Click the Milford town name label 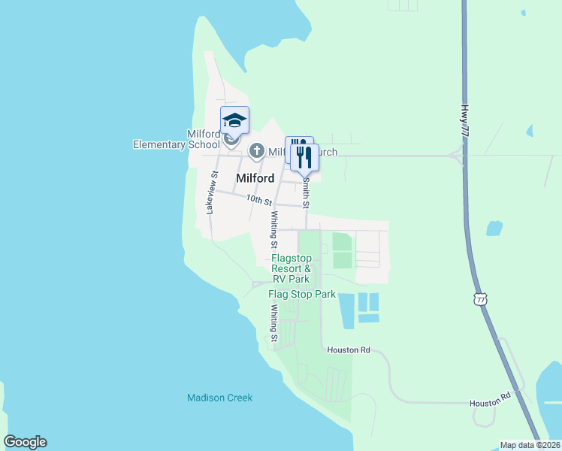coord(254,179)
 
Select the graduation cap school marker coord(234,120)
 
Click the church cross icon coord(256,151)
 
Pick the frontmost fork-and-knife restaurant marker coord(304,158)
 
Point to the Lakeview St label coord(212,192)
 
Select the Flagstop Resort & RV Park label coord(292,268)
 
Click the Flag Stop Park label coord(302,294)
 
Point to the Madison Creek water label coord(219,398)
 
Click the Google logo coord(25,442)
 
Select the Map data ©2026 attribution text coord(530,445)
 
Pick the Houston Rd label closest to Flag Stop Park coord(349,350)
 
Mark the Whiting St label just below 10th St coord(274,229)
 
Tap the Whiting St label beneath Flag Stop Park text coord(274,326)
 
